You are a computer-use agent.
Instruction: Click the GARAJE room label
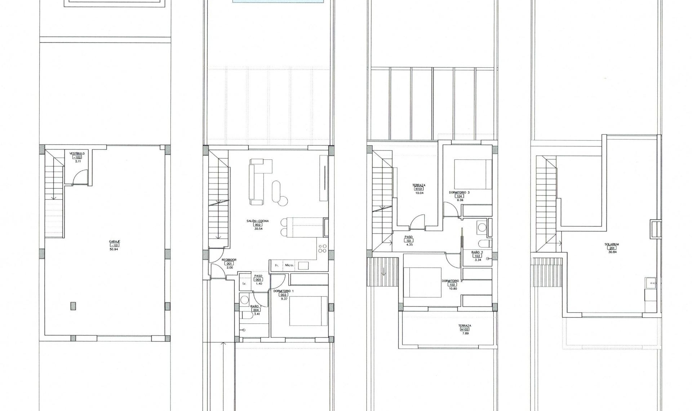114,242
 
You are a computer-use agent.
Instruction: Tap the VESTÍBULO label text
77,154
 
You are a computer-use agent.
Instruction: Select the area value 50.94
114,249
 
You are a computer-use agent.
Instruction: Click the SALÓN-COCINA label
258,221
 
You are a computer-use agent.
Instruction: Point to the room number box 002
258,225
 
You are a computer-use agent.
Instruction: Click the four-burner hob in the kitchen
322,248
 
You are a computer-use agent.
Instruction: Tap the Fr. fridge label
277,265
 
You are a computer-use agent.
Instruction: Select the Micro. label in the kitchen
289,265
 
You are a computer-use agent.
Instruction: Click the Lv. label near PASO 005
244,283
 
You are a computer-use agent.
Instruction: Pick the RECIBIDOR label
229,260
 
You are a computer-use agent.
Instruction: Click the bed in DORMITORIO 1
308,311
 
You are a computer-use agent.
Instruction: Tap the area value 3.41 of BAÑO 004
257,314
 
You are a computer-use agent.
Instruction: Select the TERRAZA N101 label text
419,185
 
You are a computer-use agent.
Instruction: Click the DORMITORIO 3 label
459,193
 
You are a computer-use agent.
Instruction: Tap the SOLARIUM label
612,244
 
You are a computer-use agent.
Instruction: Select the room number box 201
612,248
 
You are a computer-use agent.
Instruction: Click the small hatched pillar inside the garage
74,305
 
